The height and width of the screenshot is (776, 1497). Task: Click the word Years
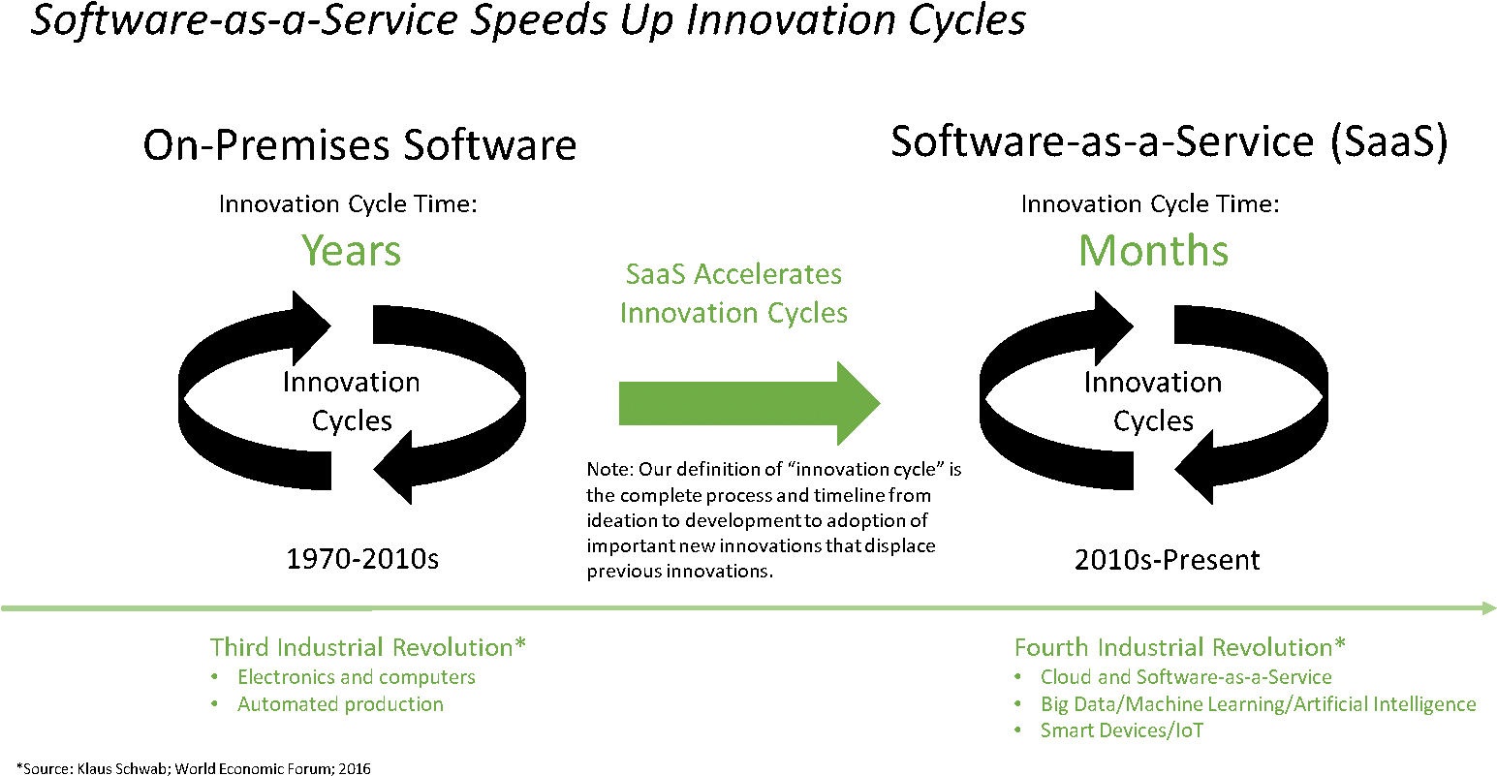(351, 251)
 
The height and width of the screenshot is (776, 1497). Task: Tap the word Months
(1153, 251)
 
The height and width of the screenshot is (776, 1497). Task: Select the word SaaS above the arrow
(655, 274)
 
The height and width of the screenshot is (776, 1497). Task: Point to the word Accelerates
(767, 274)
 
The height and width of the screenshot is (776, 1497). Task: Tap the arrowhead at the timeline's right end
(1488, 608)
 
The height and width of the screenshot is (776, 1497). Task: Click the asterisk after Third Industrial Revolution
(520, 644)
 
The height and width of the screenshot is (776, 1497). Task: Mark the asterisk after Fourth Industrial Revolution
(1340, 644)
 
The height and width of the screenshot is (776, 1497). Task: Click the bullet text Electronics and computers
(357, 677)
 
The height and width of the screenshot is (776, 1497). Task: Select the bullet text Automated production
(340, 704)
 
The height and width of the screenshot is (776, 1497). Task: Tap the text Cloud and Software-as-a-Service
(1186, 677)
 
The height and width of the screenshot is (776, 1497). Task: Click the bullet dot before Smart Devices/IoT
(1018, 730)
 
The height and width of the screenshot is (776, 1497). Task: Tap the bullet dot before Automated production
(215, 704)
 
